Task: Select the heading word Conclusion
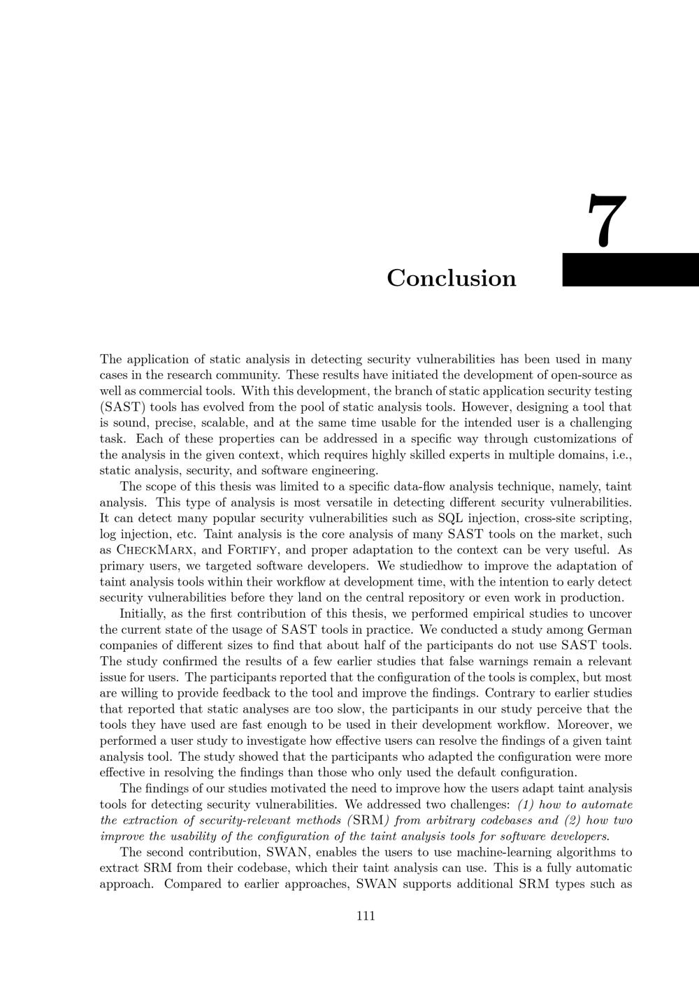coord(452,278)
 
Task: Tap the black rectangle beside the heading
coord(630,270)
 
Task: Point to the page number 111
coord(366,916)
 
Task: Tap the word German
coord(607,630)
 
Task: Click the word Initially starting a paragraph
coord(143,613)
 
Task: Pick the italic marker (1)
coord(526,804)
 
